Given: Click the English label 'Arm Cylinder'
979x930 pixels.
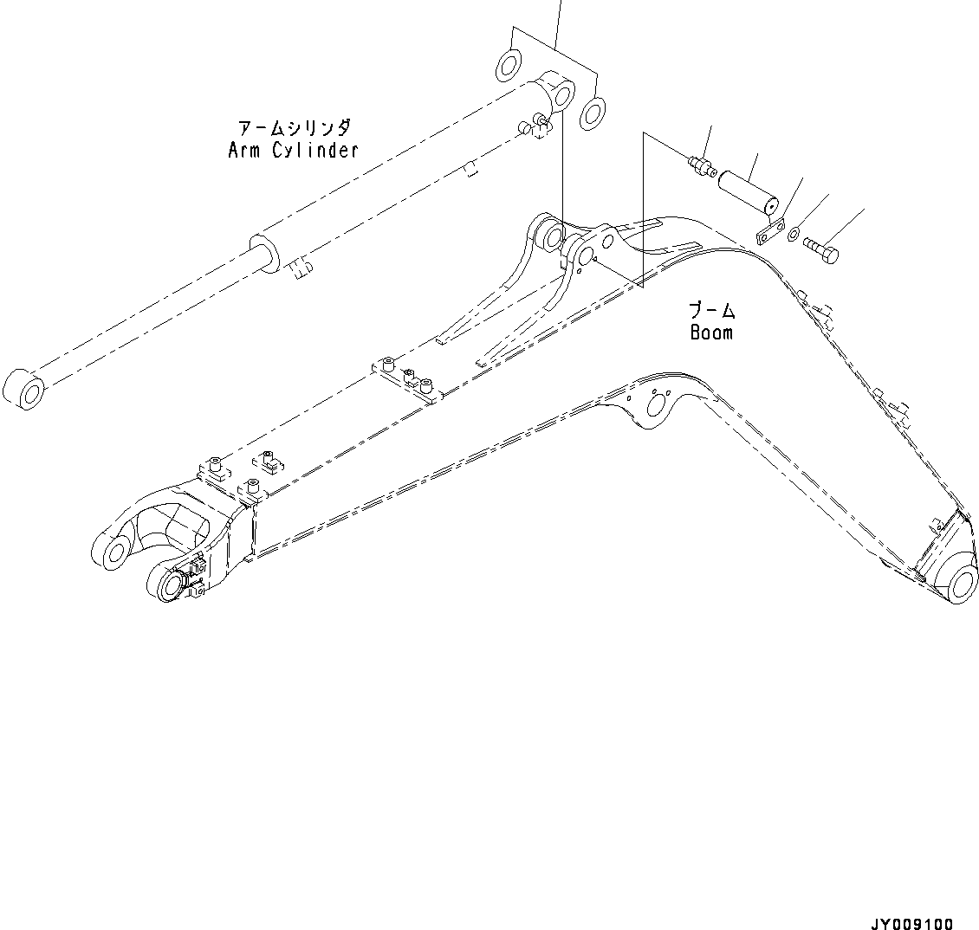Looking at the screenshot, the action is point(293,150).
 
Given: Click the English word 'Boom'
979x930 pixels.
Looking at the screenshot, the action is point(711,333).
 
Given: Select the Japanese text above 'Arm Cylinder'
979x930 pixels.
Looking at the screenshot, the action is point(295,128).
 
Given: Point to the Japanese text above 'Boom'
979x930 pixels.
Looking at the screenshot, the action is point(712,311).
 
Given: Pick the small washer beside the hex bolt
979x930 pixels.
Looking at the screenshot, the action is point(794,232).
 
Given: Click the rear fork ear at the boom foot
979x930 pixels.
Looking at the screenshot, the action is point(113,551).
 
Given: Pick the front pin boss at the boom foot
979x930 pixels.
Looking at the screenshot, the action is point(168,586).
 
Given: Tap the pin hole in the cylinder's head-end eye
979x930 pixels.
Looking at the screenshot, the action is point(562,94).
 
